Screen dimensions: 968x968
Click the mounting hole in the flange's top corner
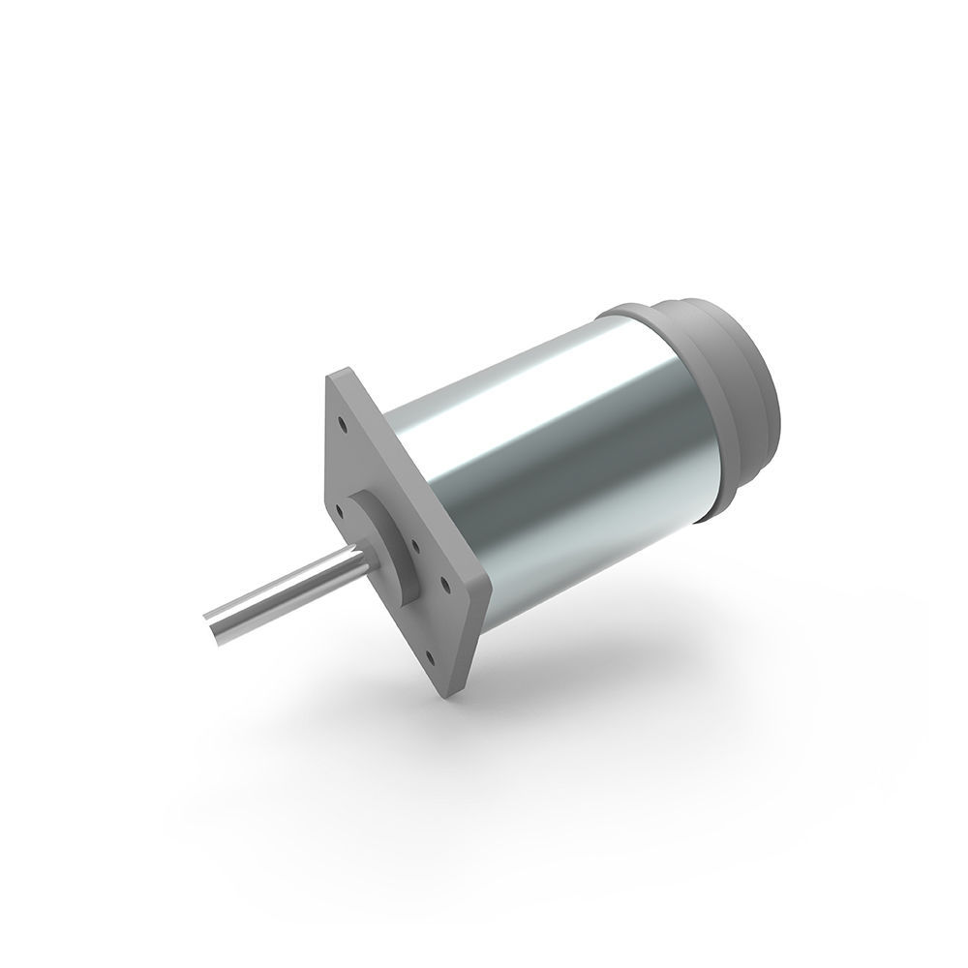(x=343, y=423)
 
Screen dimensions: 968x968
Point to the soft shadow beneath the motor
(x=581, y=678)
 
